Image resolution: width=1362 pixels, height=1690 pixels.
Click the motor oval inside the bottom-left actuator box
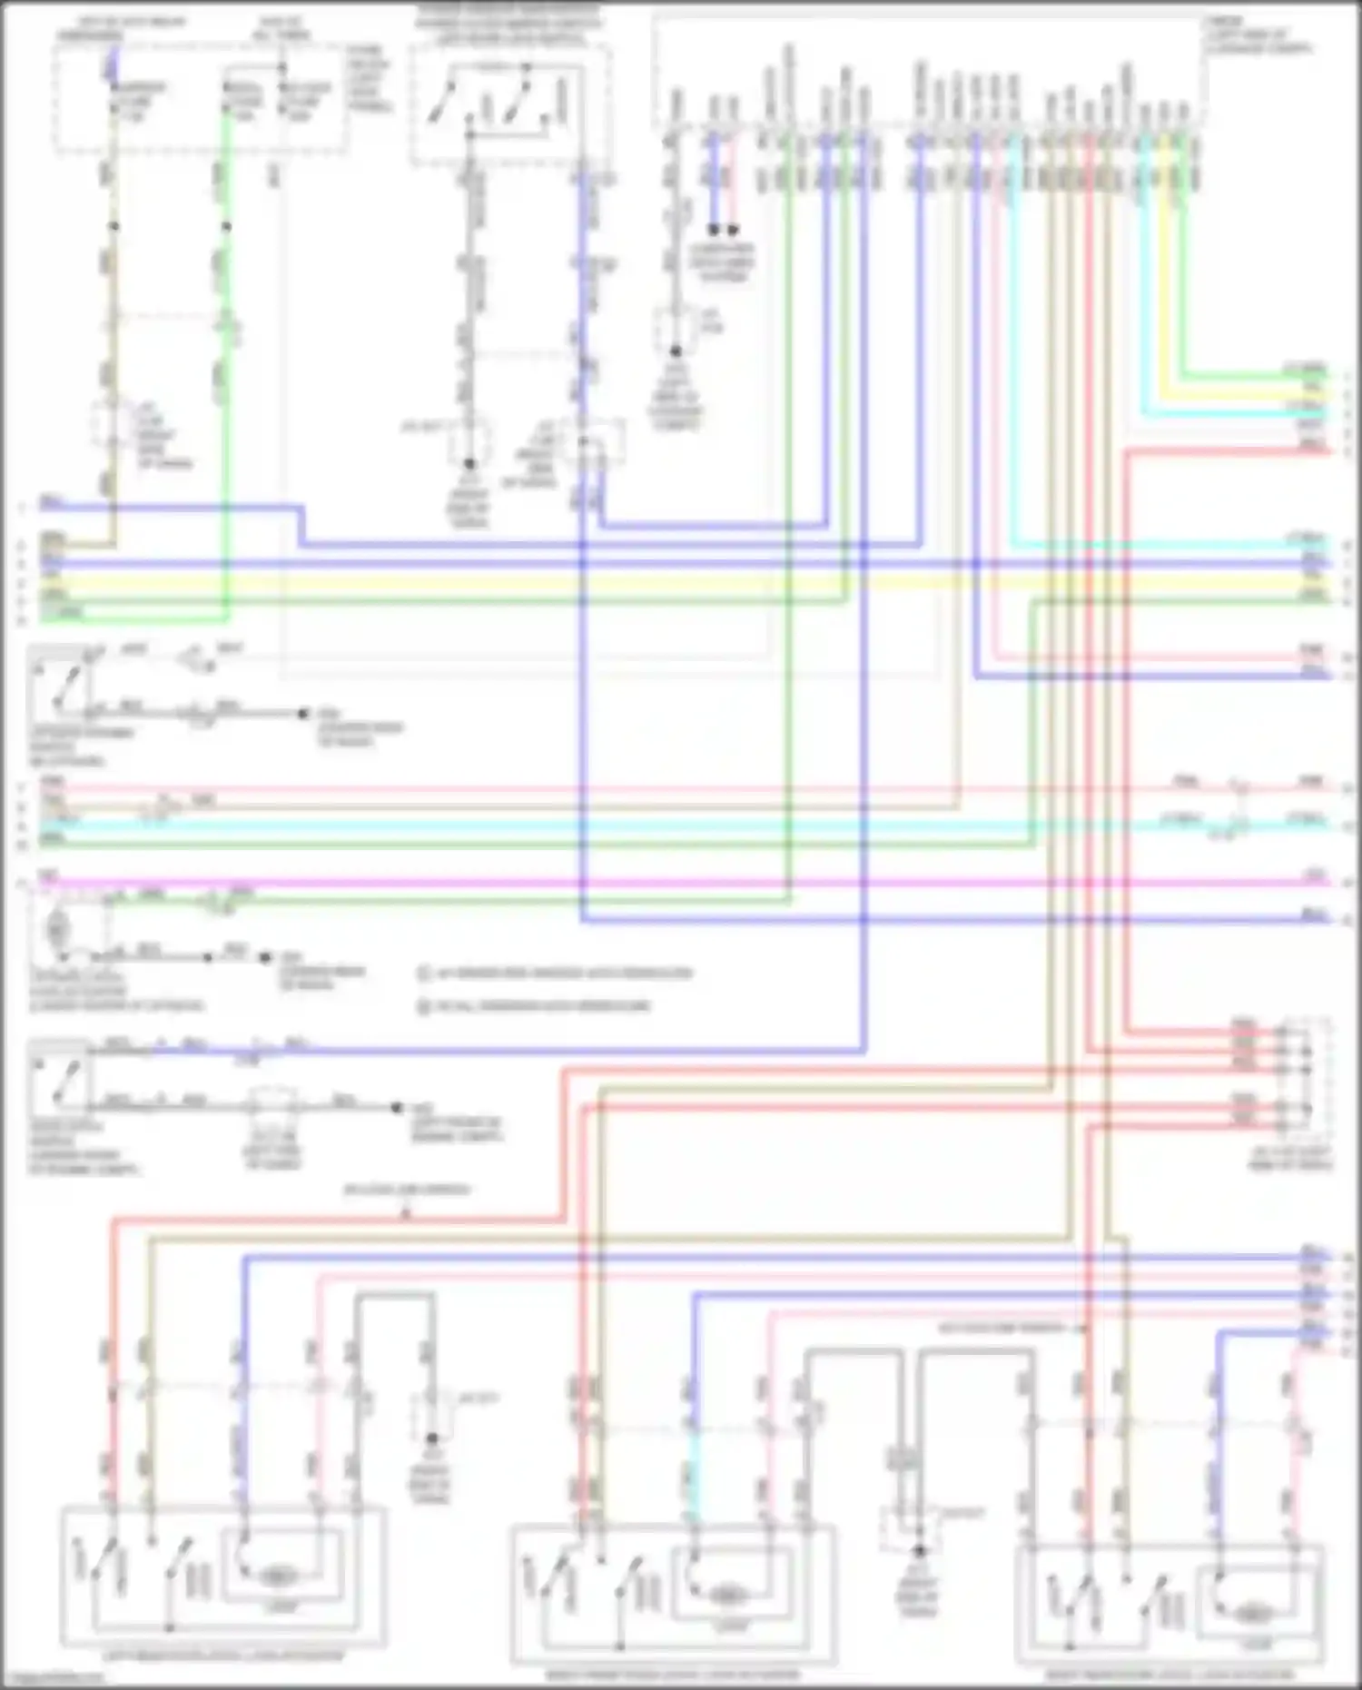click(275, 1576)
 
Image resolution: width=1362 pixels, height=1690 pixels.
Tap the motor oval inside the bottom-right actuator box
click(1251, 1613)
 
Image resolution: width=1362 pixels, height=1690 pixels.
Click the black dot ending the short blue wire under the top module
click(714, 230)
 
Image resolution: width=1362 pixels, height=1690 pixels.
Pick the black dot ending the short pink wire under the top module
click(734, 230)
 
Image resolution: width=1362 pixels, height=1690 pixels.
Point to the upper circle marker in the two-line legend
click(423, 973)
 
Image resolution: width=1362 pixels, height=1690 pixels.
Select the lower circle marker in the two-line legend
click(423, 1006)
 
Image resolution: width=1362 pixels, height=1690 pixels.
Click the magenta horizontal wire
click(672, 882)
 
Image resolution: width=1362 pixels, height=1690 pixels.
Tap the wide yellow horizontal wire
click(672, 581)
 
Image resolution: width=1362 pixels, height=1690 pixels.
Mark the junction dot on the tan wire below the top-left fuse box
click(113, 226)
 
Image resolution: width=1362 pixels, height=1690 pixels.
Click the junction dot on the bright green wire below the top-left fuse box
click(226, 226)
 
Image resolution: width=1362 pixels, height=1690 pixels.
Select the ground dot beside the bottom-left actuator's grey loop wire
click(432, 1438)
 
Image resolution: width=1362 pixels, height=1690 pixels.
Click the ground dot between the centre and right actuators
click(918, 1551)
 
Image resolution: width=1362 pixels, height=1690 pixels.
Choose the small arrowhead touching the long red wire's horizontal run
click(406, 1214)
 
